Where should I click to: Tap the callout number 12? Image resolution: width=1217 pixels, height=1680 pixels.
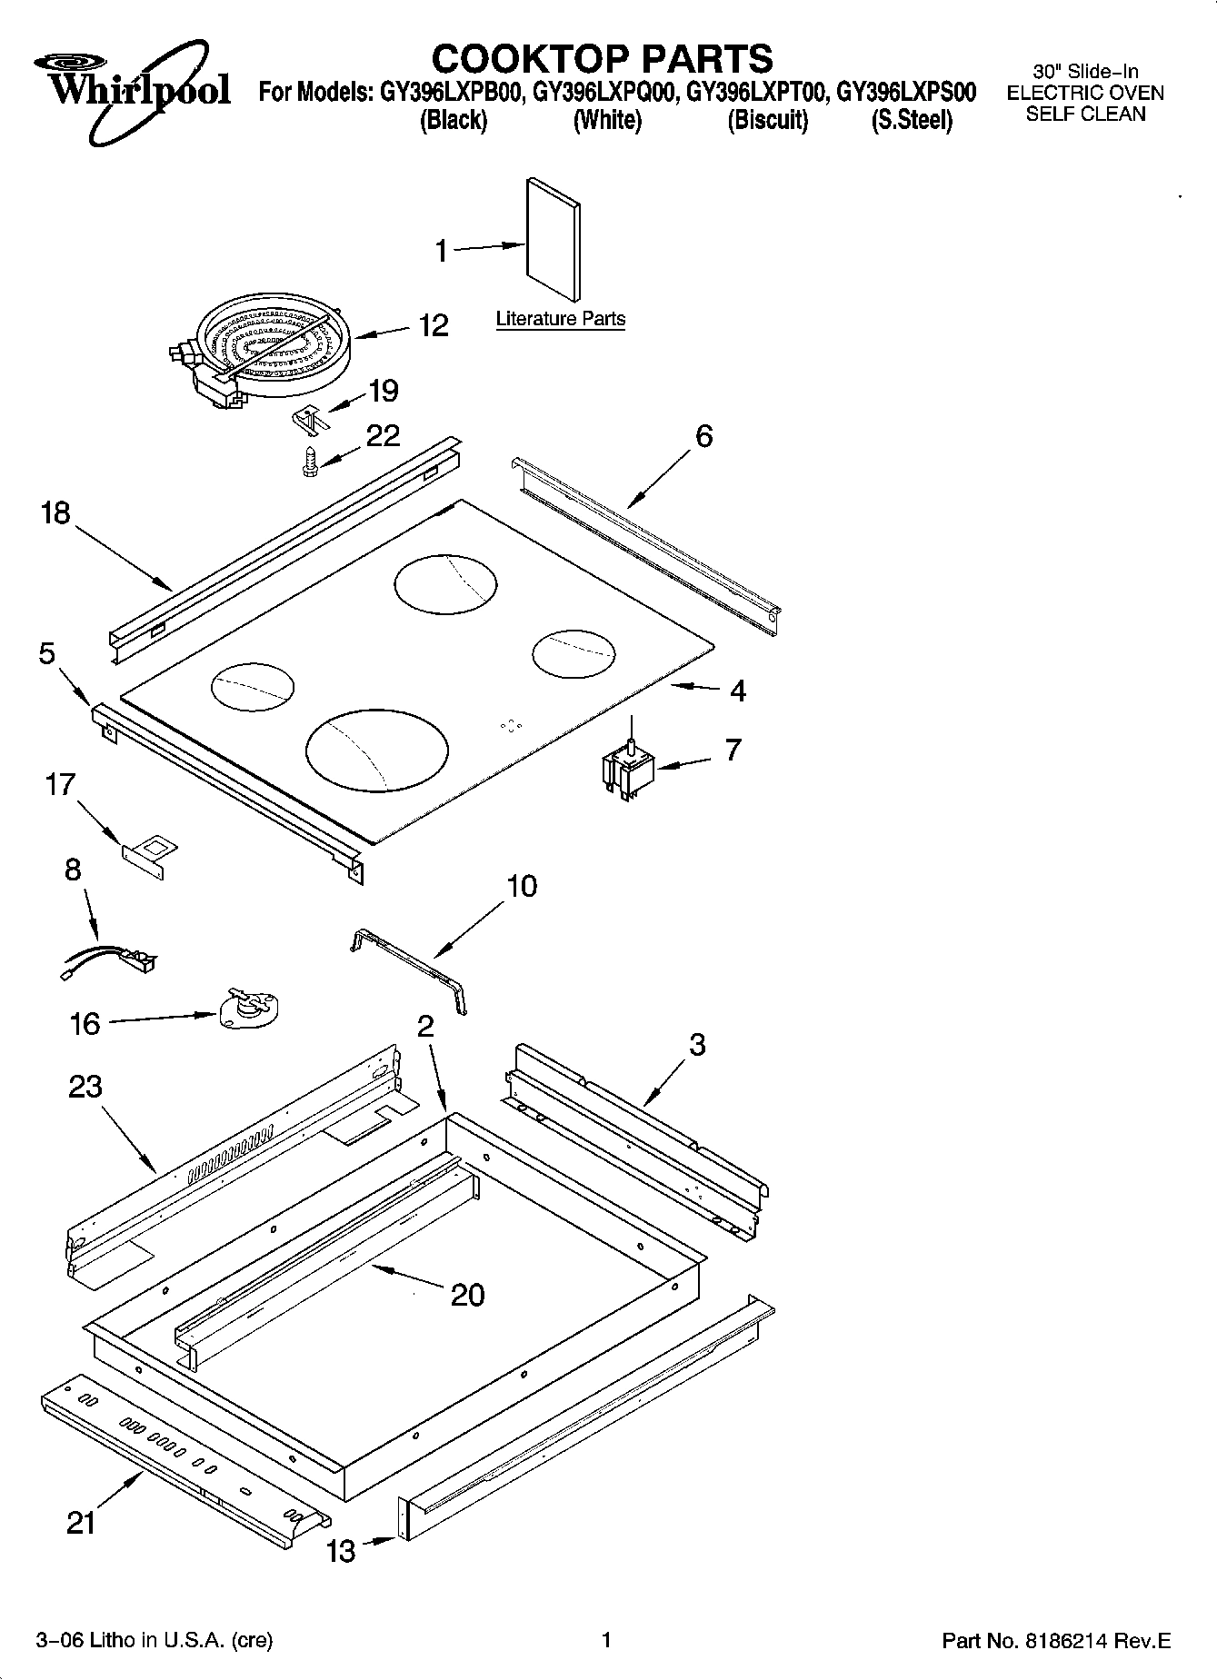click(434, 325)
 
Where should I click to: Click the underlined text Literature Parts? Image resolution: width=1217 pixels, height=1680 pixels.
click(560, 319)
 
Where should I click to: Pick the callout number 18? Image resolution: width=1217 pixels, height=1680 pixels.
click(55, 513)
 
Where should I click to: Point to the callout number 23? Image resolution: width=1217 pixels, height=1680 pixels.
click(85, 1087)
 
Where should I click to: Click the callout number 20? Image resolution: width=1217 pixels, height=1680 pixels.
click(467, 1295)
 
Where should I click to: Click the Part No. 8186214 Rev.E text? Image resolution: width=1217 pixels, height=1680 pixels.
click(1055, 1640)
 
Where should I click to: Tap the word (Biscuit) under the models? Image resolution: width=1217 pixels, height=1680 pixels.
click(767, 120)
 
